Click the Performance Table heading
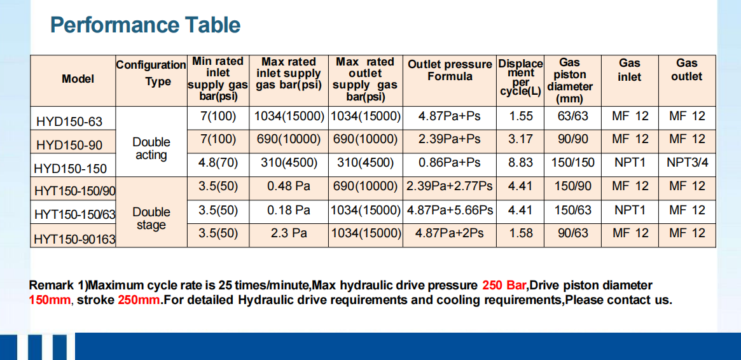pos(145,25)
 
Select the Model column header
pos(78,79)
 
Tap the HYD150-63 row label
pos(69,121)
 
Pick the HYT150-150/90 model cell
pos(74,190)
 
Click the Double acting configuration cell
pos(151,148)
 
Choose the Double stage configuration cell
pos(151,218)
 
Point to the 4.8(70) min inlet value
pos(218,163)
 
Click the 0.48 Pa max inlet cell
pos(289,186)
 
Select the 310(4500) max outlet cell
pos(365,163)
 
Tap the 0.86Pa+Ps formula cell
pos(449,163)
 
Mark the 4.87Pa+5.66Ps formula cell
pos(450,210)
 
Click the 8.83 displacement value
pos(520,163)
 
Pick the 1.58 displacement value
pos(520,233)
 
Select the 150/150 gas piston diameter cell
pos(572,163)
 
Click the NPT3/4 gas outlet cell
pos(687,163)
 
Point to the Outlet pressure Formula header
pos(450,71)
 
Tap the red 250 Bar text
pos(502,286)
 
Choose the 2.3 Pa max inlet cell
pos(289,233)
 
